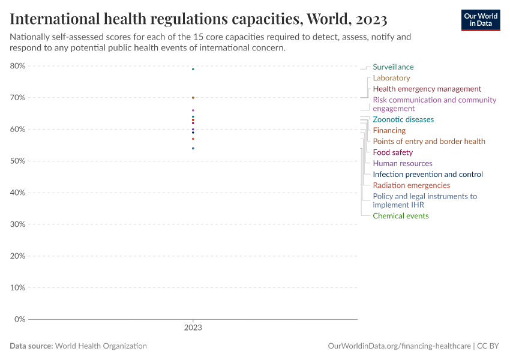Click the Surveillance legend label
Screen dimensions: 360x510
coord(393,67)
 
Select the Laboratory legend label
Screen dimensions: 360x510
coord(391,78)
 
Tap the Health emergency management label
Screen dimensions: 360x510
coord(427,89)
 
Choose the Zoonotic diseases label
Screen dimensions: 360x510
coord(403,119)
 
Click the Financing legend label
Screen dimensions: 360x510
coord(389,130)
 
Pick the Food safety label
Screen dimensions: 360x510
coord(392,152)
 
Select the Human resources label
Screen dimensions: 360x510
coord(402,163)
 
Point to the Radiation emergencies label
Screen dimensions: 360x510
coord(411,185)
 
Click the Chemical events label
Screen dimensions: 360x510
coord(400,216)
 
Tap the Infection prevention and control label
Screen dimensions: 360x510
coord(427,175)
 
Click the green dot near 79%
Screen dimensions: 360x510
coord(193,69)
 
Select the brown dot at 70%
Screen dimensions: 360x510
coord(193,97)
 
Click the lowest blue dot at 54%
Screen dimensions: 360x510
coord(193,148)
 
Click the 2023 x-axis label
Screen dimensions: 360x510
coord(193,328)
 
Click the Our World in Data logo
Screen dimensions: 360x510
coord(480,20)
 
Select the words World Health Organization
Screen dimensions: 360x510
coord(101,346)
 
